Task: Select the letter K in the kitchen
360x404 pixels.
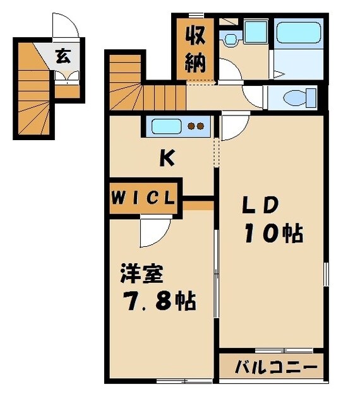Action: (166, 158)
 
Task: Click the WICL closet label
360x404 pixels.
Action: (144, 197)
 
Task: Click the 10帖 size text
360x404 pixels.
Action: (271, 234)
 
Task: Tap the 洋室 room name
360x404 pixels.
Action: (142, 275)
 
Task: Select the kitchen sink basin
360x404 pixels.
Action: (165, 126)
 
